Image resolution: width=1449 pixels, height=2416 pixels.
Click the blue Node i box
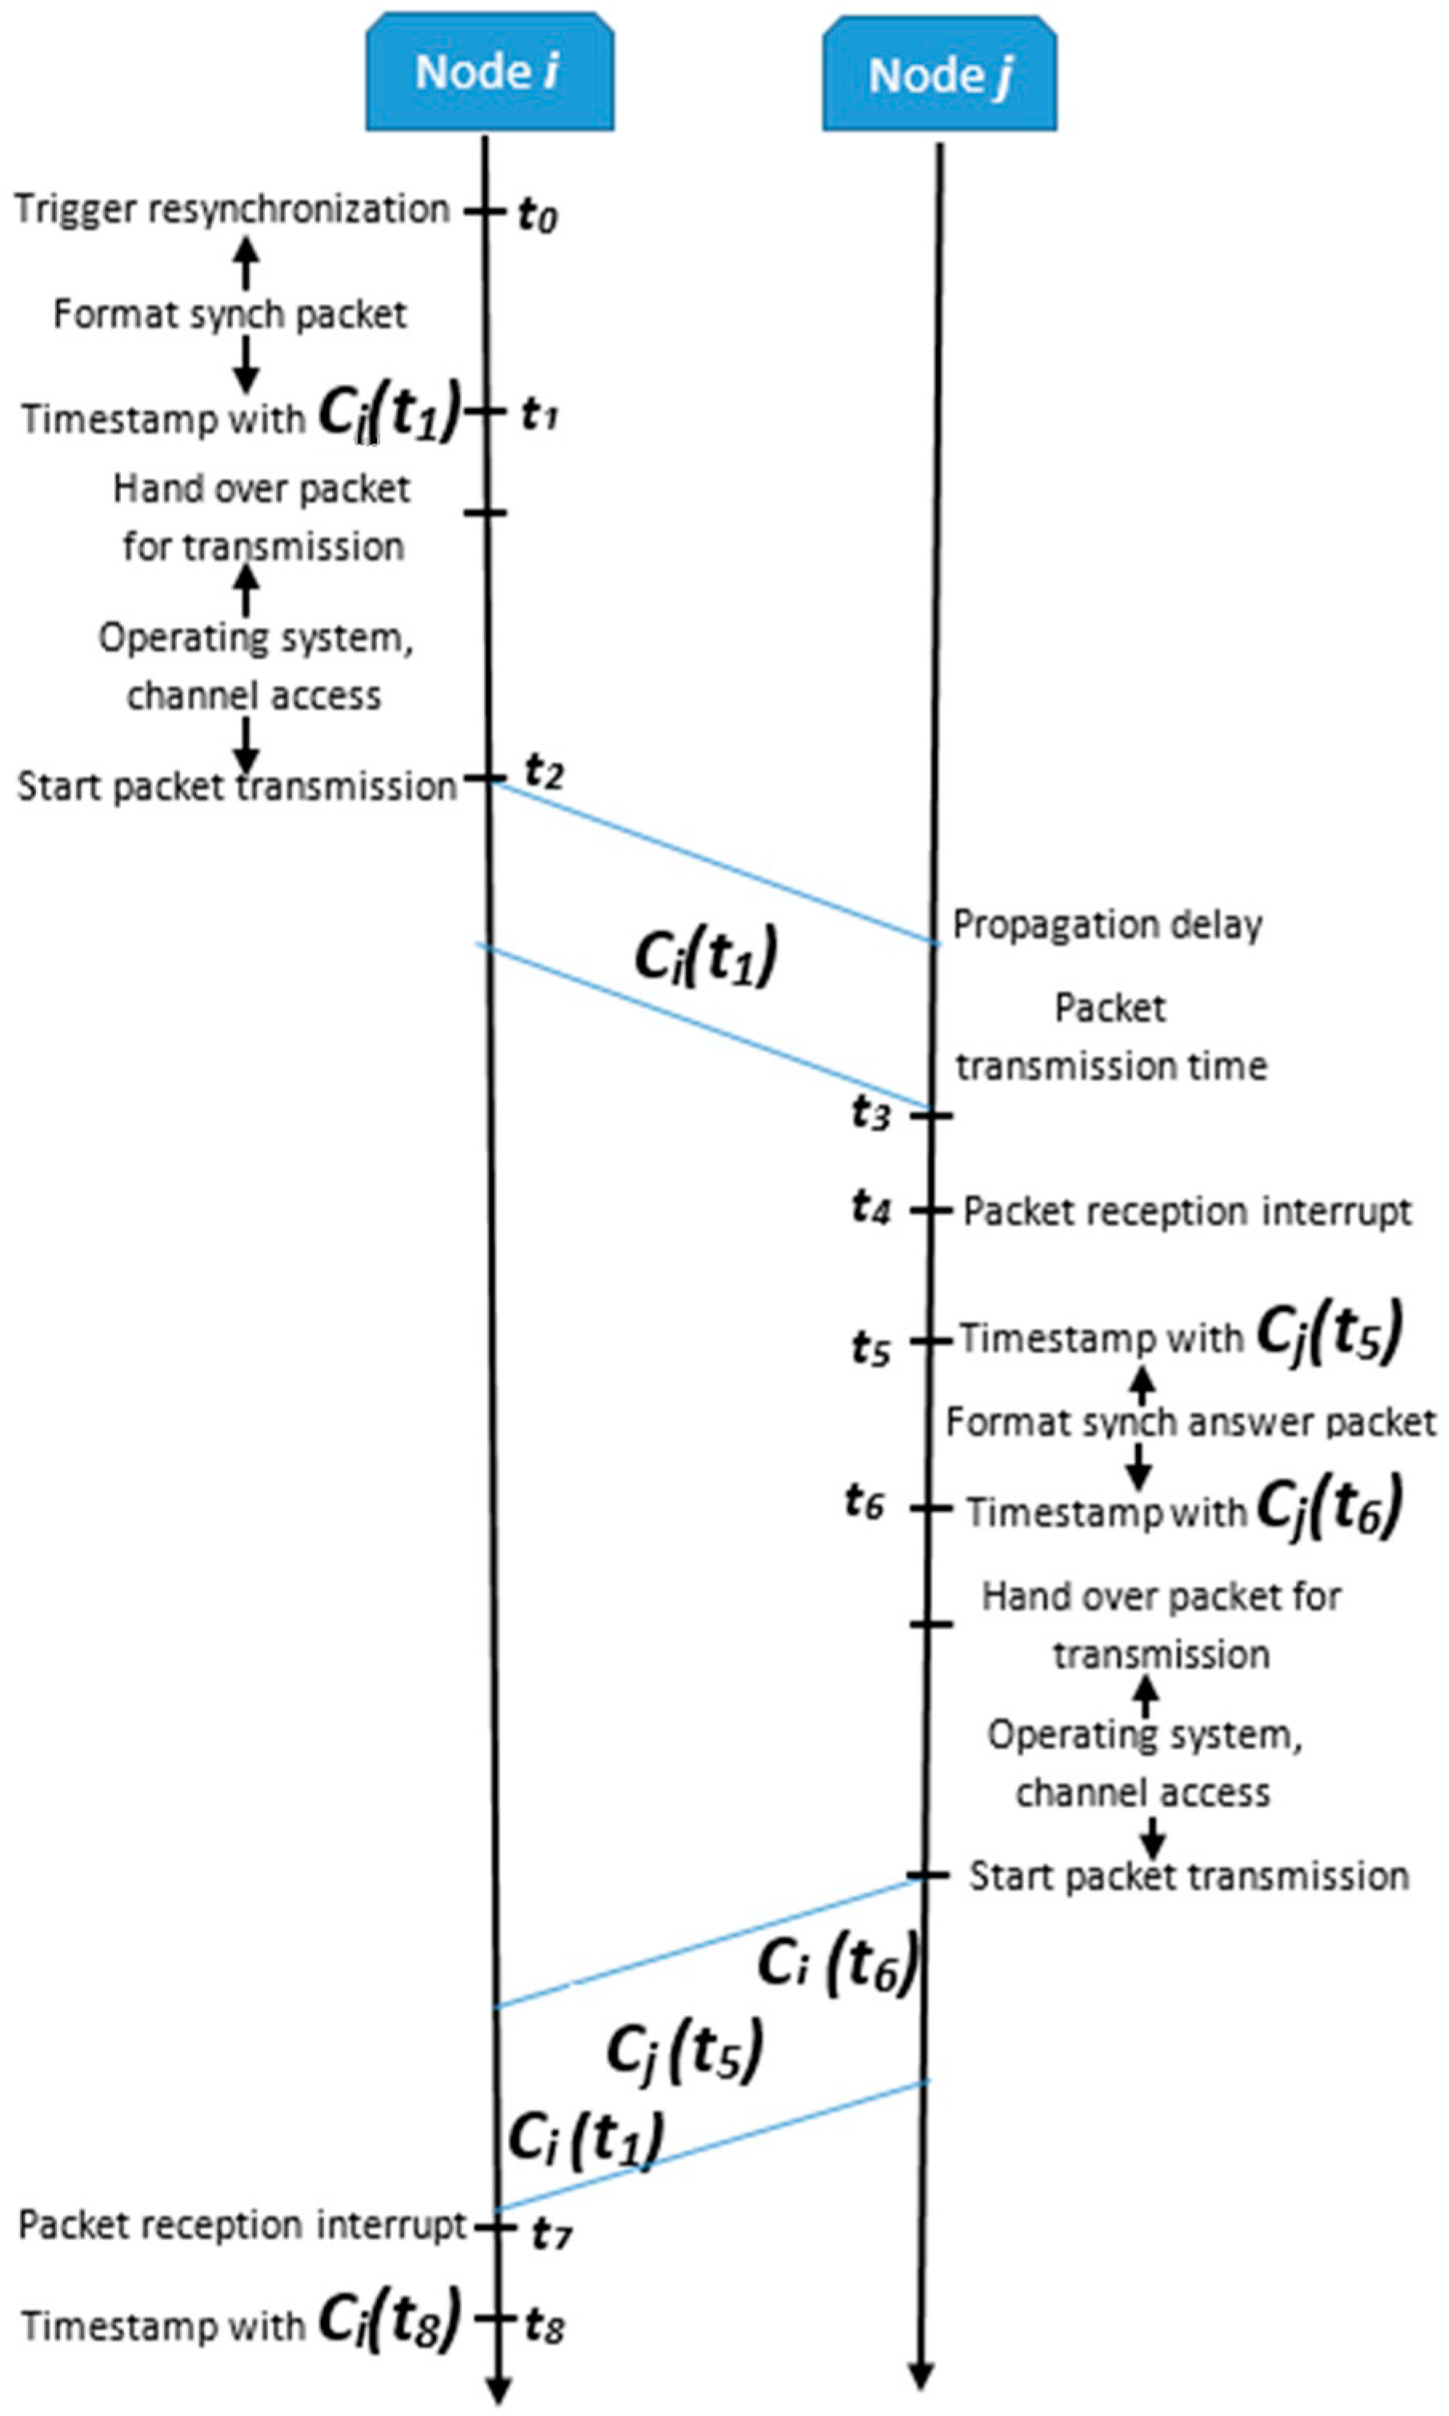(489, 72)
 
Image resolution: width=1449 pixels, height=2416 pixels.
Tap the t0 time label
(536, 213)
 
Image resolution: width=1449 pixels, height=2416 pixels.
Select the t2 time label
(544, 771)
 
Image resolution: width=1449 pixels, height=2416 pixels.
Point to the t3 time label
(871, 1112)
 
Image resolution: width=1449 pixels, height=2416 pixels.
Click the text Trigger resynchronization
(231, 210)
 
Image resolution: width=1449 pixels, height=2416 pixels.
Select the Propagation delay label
(1107, 924)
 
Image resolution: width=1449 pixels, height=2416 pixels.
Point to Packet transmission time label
(1111, 1037)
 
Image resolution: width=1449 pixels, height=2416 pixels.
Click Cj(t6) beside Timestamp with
(1329, 1507)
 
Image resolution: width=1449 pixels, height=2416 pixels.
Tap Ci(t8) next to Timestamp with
(389, 2319)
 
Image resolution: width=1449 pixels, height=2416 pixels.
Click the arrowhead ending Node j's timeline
(921, 2376)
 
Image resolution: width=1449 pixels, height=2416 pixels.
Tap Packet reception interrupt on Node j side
(1187, 1211)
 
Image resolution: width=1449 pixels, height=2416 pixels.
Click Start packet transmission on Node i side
(238, 786)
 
